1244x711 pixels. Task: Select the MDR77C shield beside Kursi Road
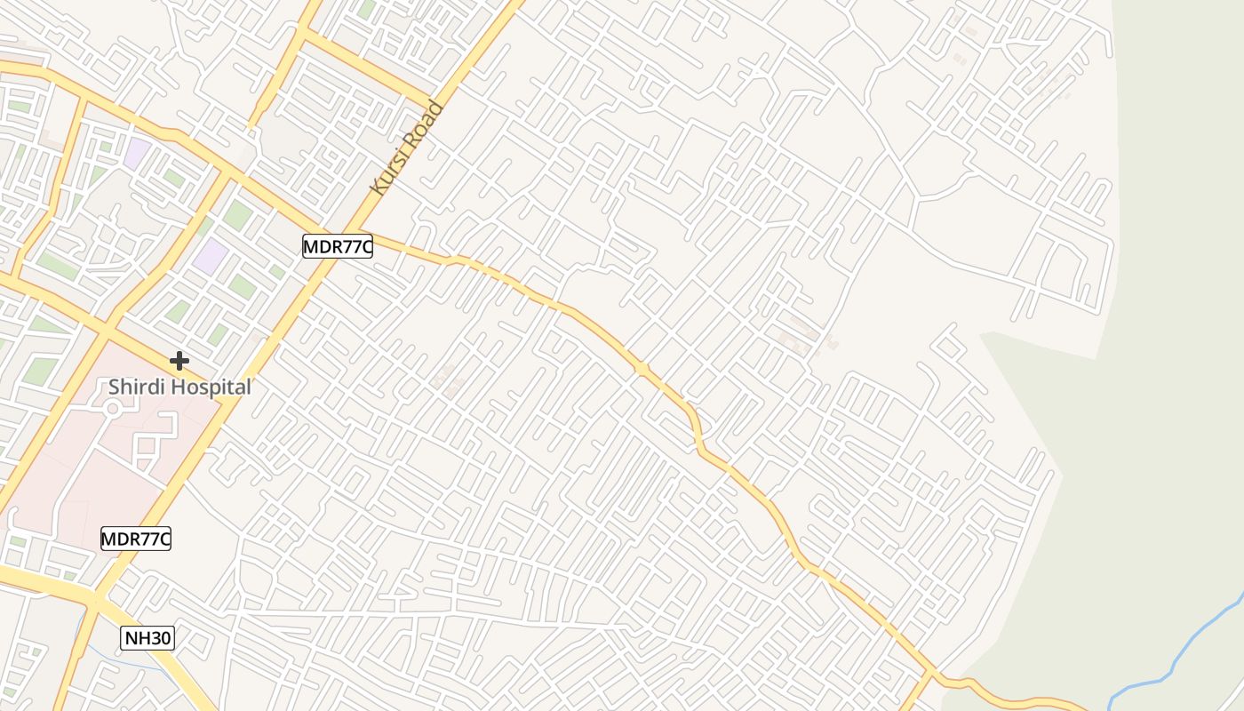[338, 246]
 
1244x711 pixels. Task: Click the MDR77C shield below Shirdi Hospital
[136, 538]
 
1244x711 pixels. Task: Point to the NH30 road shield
[148, 637]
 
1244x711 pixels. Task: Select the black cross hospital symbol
[179, 361]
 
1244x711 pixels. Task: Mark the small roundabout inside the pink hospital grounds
[112, 408]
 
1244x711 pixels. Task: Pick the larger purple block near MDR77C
[211, 256]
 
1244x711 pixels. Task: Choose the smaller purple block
[137, 153]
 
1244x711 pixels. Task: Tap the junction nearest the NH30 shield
[94, 603]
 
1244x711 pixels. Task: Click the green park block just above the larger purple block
[237, 214]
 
